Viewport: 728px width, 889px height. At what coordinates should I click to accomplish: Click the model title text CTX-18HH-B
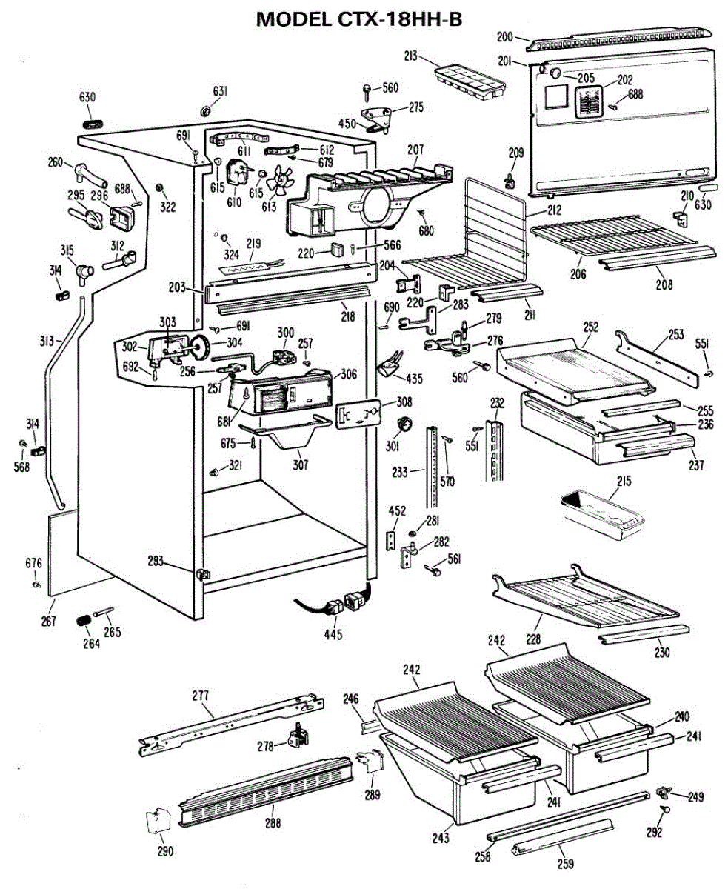click(x=359, y=20)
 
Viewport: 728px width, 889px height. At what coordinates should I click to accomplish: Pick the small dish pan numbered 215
click(x=601, y=511)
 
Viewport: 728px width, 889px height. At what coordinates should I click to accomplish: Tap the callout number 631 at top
click(x=220, y=91)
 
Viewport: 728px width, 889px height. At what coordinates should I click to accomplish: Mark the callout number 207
click(x=415, y=150)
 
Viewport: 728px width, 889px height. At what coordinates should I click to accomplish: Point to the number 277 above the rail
click(x=200, y=696)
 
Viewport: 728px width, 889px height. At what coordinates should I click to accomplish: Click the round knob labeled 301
click(x=404, y=424)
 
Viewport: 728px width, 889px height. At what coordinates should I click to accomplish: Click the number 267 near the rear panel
click(x=49, y=621)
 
